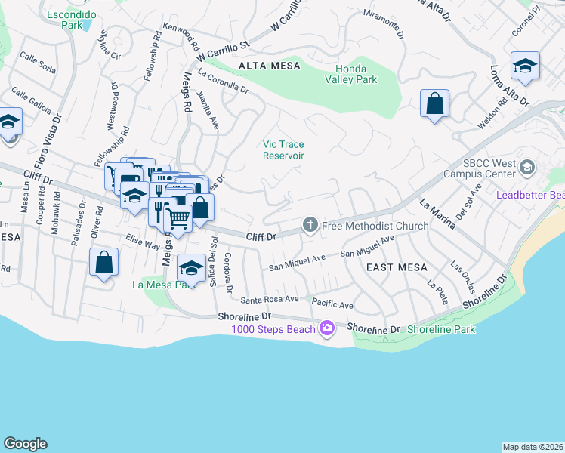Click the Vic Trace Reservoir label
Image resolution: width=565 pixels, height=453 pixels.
[283, 149]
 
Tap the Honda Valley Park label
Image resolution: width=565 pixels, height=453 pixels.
[351, 72]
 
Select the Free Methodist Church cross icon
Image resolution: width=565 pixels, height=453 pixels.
[309, 225]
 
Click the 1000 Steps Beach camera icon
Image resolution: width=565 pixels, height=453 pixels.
[326, 327]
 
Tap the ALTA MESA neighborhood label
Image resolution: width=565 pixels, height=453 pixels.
[269, 66]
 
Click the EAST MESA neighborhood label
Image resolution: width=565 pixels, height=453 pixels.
[397, 267]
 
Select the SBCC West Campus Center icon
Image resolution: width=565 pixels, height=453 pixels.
[527, 166]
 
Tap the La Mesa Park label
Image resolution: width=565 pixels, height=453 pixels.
[158, 285]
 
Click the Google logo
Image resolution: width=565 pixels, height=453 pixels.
[25, 444]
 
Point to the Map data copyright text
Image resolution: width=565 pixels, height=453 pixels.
[533, 447]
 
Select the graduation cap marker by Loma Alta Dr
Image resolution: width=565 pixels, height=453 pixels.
[524, 66]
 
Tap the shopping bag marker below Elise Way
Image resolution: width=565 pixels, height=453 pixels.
[103, 263]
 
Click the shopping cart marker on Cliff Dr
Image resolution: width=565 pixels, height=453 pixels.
[178, 219]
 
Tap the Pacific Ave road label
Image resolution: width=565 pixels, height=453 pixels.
[332, 305]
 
